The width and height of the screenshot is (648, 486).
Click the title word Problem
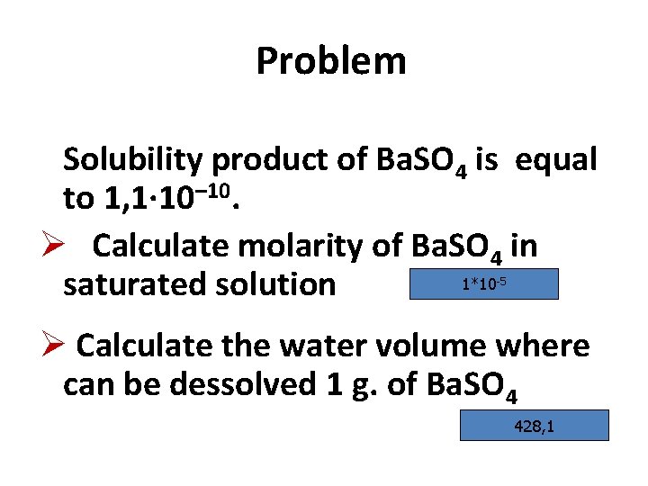(x=330, y=62)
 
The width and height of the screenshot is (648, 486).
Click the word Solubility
(x=132, y=160)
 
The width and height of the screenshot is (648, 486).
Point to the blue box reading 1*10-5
(x=483, y=285)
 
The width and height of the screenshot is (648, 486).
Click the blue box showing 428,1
(x=534, y=425)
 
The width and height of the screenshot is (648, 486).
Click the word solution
(x=283, y=284)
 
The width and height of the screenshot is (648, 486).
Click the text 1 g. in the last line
(x=352, y=385)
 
